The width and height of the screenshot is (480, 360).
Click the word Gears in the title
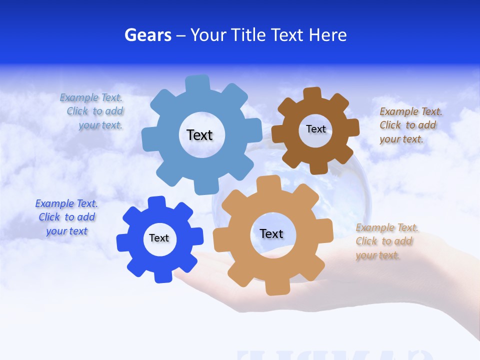148,35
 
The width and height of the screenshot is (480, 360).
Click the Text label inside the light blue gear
199,135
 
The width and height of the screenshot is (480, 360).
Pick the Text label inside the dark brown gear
315,129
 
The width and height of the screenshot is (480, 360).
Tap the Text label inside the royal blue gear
159,238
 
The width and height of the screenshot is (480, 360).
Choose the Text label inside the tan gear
271,233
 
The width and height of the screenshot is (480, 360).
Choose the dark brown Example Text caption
410,125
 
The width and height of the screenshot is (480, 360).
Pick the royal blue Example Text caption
66,217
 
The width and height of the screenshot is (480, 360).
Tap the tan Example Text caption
386,241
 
